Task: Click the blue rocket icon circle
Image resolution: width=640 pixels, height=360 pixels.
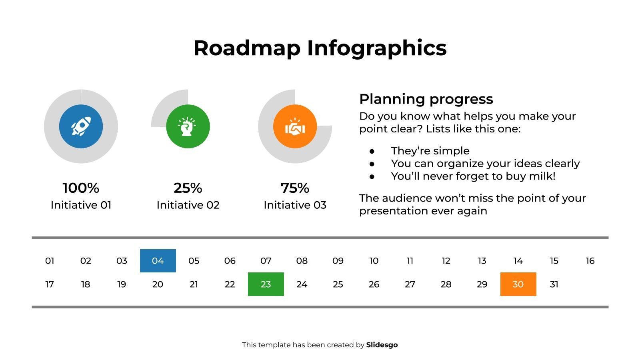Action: click(x=81, y=126)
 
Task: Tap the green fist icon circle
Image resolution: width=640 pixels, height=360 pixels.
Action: click(x=188, y=126)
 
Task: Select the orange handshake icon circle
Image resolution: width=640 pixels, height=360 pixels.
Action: click(x=295, y=126)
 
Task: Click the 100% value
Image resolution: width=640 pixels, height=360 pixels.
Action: click(x=81, y=188)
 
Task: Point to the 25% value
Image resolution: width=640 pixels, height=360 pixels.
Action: click(x=188, y=188)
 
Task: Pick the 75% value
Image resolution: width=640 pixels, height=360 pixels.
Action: click(x=295, y=188)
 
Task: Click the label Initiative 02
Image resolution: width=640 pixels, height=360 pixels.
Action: click(x=188, y=205)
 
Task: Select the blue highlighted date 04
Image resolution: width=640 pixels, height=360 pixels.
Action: click(x=158, y=261)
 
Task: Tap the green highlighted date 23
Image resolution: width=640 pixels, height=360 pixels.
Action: click(x=266, y=284)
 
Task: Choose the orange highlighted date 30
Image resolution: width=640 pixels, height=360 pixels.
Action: click(x=518, y=284)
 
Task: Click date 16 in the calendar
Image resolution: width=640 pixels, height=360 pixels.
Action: click(x=590, y=261)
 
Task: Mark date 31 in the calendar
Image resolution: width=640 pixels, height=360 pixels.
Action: click(x=554, y=284)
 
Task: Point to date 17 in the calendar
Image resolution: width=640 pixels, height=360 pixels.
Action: click(x=50, y=284)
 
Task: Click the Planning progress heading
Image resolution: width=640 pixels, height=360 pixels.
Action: click(x=426, y=99)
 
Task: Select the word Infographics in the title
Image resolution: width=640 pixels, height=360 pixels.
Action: click(x=376, y=48)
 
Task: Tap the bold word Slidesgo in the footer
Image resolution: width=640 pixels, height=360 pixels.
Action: click(x=382, y=345)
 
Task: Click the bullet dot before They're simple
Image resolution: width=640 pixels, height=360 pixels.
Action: click(x=372, y=151)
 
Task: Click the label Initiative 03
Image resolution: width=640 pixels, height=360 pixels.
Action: click(x=295, y=205)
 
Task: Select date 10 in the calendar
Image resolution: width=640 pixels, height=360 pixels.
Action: click(x=374, y=261)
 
